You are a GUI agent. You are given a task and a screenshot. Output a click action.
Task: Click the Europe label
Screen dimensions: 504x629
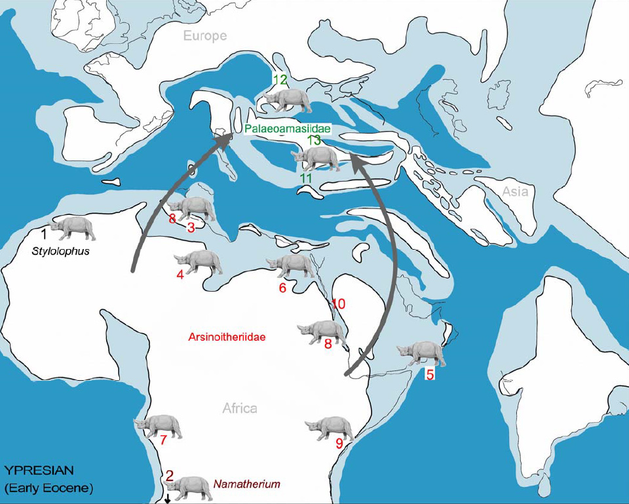(x=205, y=36)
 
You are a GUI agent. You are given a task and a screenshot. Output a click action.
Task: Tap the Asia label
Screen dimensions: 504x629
(x=515, y=191)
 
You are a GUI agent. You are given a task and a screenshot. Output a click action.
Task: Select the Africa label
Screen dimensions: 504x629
(x=239, y=408)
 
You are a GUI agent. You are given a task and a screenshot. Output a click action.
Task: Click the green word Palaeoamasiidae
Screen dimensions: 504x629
(x=288, y=129)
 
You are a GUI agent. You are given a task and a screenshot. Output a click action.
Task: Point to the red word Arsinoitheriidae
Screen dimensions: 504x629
(x=221, y=338)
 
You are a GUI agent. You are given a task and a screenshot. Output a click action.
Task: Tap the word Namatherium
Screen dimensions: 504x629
(x=246, y=484)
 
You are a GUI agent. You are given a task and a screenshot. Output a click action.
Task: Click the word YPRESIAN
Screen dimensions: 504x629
(x=39, y=470)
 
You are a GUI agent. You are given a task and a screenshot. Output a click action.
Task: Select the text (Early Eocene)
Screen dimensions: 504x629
(x=48, y=488)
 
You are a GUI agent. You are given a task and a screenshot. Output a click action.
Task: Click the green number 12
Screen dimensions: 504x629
(x=280, y=80)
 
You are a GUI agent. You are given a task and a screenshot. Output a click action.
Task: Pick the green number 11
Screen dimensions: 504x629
(x=305, y=178)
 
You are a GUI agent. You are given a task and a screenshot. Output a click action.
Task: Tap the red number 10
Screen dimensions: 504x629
(x=338, y=304)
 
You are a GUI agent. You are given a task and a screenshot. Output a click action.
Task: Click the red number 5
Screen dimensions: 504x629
(x=430, y=375)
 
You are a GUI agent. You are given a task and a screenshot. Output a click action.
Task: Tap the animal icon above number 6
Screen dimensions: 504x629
(x=290, y=265)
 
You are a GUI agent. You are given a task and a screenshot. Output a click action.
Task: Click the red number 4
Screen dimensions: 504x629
(x=180, y=275)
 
